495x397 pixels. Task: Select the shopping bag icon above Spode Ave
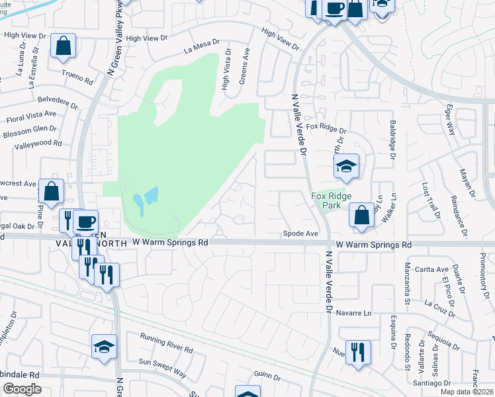[x=361, y=216]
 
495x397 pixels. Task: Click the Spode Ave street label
[x=301, y=234]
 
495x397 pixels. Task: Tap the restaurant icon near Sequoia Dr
[x=357, y=352]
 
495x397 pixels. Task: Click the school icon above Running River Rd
[x=105, y=347]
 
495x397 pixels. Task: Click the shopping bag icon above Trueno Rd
[x=64, y=46]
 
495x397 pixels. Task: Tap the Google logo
[x=22, y=389]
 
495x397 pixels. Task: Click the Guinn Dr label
[x=267, y=376]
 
